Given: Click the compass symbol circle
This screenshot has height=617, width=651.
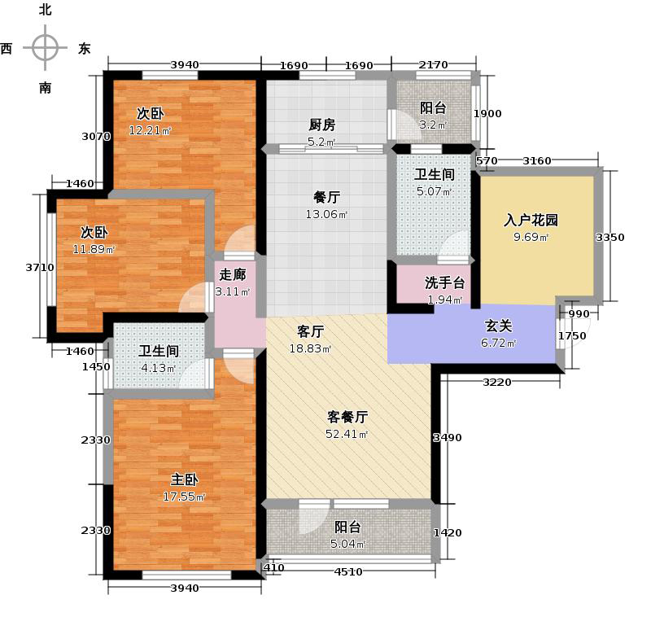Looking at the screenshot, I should (45, 48).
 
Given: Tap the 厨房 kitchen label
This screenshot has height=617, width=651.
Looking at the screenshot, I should (321, 125).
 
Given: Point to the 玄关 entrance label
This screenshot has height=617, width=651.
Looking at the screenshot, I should (498, 326).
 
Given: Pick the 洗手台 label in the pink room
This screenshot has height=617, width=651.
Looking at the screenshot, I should (444, 283).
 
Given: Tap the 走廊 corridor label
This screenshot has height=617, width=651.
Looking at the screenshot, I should (232, 275).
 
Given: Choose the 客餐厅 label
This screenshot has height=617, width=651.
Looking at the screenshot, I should (348, 417).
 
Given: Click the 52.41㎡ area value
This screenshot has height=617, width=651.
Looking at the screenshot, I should (348, 434).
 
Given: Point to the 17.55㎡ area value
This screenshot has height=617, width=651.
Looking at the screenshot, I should (186, 497).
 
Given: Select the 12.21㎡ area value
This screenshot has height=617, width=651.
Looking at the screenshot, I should (151, 130).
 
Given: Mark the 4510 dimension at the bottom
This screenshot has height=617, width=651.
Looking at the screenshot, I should (349, 571).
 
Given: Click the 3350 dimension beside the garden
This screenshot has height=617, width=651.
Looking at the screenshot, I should (610, 238).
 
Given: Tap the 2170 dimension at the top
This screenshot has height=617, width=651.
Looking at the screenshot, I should (433, 65).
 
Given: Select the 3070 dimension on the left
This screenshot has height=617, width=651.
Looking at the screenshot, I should (96, 137).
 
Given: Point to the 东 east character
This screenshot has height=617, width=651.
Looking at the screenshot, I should (84, 48).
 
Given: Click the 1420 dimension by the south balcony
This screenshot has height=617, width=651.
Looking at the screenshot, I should (448, 533).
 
